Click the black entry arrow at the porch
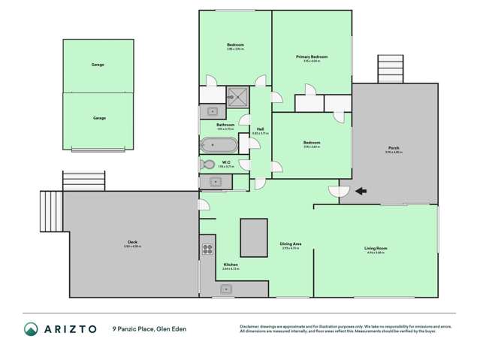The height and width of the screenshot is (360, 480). pos(361,191)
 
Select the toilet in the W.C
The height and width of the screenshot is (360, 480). pos(208,165)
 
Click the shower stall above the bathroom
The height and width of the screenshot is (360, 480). pos(238,95)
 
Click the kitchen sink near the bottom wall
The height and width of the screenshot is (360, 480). pos(226,289)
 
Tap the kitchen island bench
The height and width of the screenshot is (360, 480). pos(254,237)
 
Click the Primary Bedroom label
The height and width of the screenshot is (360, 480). pos(311,56)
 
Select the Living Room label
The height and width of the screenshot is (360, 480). pos(375,248)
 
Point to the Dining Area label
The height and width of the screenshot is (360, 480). pos(291,244)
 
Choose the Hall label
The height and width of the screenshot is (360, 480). pos(260,129)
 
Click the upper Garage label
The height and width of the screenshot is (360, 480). pos(98,65)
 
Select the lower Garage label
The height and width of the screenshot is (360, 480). pos(98,118)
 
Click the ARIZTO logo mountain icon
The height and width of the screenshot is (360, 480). pos(31,328)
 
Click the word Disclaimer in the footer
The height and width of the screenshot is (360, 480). pos(251,325)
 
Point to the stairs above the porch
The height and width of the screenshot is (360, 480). pos(390,70)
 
